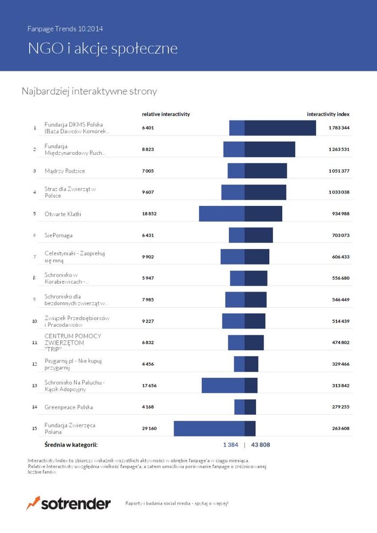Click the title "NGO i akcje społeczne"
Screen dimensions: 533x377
coord(103,49)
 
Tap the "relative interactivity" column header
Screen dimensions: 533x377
coord(166,114)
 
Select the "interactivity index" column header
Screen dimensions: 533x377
coord(328,114)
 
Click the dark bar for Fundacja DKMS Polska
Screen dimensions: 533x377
coord(280,128)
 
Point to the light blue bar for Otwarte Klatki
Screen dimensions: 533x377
coord(222,214)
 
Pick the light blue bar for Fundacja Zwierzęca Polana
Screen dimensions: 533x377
coord(209,428)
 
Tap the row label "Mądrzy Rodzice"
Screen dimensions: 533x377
coord(65,171)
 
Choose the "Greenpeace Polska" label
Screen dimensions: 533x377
coord(68,407)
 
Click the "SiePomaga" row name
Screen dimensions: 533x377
coord(58,235)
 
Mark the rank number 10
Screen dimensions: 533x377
coord(34,321)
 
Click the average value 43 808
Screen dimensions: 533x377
coord(261,445)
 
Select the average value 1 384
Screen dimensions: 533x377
coord(231,445)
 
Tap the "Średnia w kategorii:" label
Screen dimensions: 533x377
coord(71,445)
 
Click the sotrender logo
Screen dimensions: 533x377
coord(68,503)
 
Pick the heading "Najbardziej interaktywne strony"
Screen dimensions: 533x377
coord(89,91)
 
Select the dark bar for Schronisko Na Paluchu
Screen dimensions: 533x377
coord(251,386)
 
